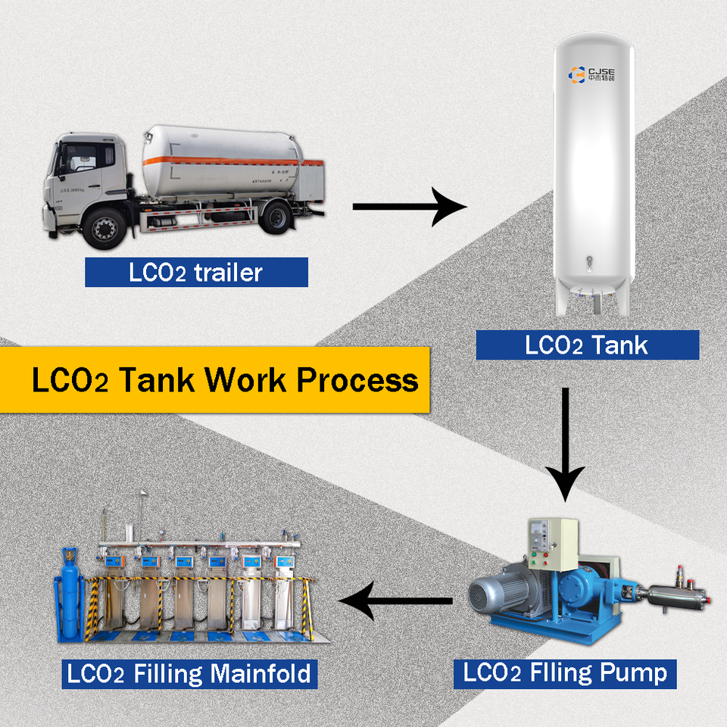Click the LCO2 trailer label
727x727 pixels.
(196, 272)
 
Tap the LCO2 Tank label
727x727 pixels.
(587, 345)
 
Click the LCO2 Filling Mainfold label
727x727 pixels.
(189, 672)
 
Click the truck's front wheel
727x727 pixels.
(104, 227)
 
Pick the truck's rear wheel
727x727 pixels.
(274, 217)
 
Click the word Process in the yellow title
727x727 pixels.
(357, 379)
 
